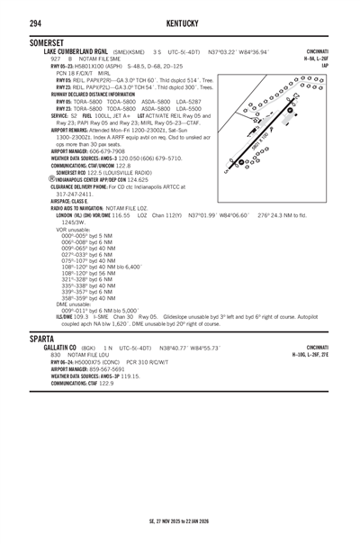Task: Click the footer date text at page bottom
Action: [x=179, y=521]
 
